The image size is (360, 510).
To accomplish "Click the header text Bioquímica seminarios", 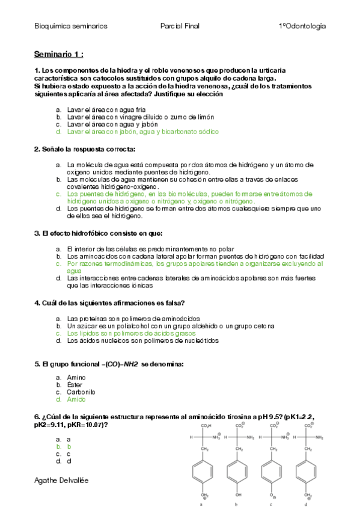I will tap(71, 26).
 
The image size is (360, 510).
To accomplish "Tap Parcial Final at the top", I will tap(180, 26).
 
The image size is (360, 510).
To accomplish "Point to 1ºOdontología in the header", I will tap(302, 26).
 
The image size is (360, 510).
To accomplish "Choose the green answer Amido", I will tap(76, 399).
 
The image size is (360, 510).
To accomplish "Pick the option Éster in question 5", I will tap(75, 384).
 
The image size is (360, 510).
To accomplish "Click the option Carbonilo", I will tap(81, 392).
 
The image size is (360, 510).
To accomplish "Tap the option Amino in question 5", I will tap(76, 377).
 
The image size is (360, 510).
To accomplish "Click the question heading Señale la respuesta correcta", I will tap(85, 149).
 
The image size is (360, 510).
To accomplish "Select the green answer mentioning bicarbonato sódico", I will tap(143, 131).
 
